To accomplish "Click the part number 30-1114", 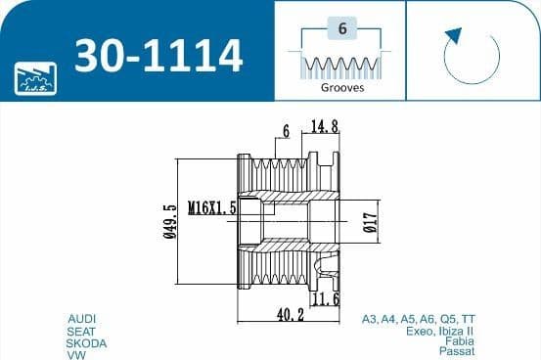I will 158,56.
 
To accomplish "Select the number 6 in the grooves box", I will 341,28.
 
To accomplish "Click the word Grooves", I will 341,87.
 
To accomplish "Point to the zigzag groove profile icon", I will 341,65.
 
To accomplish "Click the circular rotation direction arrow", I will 471,56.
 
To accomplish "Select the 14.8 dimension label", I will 325,126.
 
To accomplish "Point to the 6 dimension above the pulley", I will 286,130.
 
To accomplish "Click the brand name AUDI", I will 82,319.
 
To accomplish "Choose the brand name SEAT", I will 82,331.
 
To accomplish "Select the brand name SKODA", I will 86,343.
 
